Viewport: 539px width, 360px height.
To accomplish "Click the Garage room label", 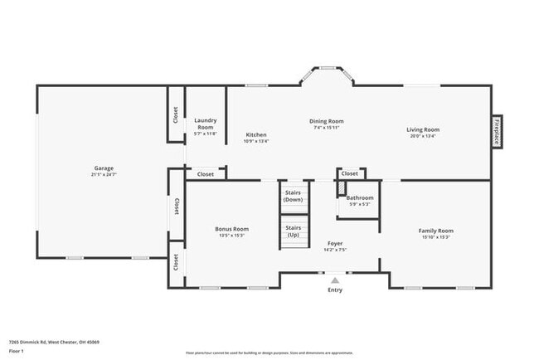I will [x=103, y=168].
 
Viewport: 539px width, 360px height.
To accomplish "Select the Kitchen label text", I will [x=256, y=134].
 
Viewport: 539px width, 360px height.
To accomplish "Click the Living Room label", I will [x=422, y=129].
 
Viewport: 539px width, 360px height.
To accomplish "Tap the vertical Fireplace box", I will [x=497, y=131].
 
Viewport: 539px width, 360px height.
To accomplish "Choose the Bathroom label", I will [x=360, y=197].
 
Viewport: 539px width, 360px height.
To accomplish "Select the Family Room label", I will [x=435, y=231].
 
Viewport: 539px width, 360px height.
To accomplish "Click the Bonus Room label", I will [x=231, y=229].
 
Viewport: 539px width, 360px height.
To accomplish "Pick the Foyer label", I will [x=335, y=244].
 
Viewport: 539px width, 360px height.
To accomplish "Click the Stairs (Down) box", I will [x=293, y=196].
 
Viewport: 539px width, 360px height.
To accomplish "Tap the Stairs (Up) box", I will [x=293, y=231].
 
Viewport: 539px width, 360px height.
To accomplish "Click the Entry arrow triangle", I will [x=335, y=281].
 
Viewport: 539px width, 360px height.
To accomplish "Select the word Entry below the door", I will [x=335, y=290].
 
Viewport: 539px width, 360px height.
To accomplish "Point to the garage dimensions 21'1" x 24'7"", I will [x=103, y=175].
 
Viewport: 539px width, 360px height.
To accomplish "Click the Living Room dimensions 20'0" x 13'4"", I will [x=422, y=136].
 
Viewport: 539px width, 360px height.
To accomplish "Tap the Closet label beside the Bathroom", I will [x=350, y=173].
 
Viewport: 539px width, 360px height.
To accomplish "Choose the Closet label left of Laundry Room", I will [x=176, y=114].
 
